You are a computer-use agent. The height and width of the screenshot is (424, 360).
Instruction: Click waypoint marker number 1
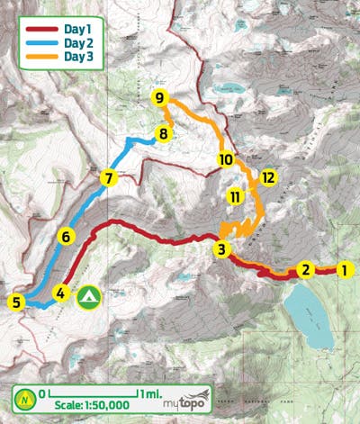(342, 268)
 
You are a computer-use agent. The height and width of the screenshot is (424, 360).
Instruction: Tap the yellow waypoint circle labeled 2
(305, 268)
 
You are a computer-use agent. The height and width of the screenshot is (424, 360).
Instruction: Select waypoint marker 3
(221, 248)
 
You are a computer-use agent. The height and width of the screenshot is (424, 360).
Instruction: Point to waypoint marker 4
(60, 293)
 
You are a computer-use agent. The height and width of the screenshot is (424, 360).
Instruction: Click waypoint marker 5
(15, 302)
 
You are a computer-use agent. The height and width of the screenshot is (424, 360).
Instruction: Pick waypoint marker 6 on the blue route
(65, 237)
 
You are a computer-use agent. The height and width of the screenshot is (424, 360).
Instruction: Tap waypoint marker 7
(108, 177)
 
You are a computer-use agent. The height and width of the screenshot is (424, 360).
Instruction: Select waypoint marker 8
(162, 135)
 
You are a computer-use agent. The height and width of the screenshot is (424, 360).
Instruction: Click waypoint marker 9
(159, 97)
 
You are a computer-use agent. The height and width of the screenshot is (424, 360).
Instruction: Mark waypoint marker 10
(226, 159)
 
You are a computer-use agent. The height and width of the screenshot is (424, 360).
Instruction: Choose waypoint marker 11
(236, 196)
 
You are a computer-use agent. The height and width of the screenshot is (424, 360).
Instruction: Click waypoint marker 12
(267, 176)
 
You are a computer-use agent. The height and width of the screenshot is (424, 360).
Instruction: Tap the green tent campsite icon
(88, 296)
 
